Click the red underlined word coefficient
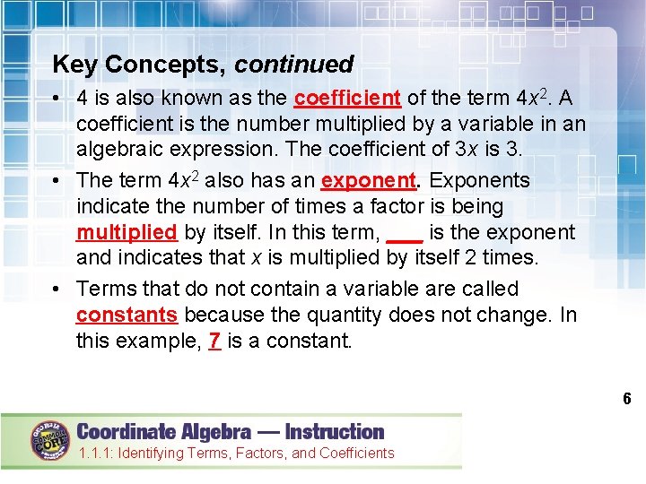347,97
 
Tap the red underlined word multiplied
127,233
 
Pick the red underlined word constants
127,315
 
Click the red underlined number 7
214,341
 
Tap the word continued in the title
294,65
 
